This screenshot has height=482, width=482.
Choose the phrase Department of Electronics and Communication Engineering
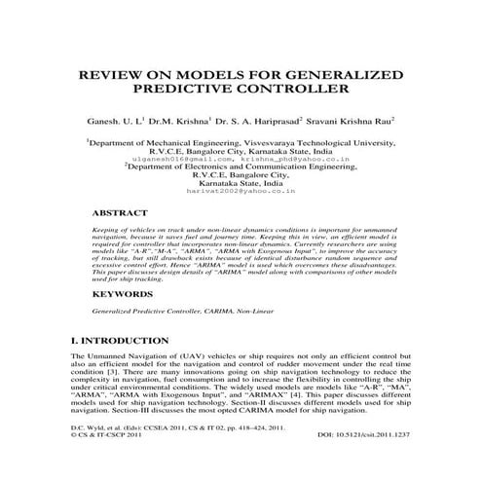click(242, 166)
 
